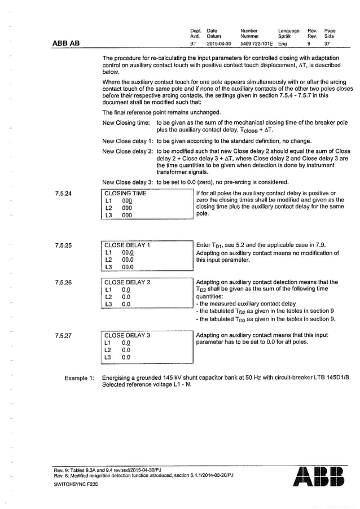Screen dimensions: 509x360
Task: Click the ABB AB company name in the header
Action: (65, 42)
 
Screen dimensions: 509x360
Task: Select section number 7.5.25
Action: (64, 246)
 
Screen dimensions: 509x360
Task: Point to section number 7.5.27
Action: (64, 336)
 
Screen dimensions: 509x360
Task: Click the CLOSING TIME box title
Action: (125, 194)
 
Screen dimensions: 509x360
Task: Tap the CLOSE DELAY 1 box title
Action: (127, 245)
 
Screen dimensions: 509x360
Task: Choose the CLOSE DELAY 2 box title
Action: (127, 282)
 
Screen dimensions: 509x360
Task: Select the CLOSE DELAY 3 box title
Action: (127, 335)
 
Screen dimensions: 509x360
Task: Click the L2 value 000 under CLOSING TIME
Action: (127, 208)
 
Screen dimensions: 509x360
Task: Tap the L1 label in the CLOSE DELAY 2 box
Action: (109, 289)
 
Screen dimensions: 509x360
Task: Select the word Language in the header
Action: (288, 30)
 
